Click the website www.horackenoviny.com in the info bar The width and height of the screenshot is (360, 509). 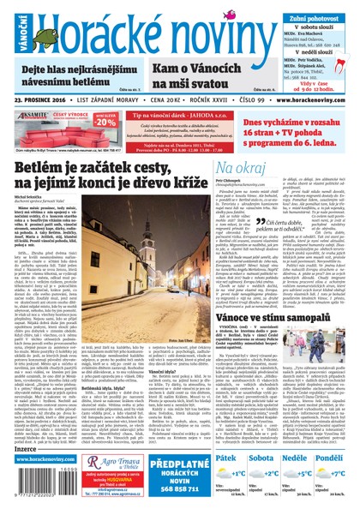[311, 99]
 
